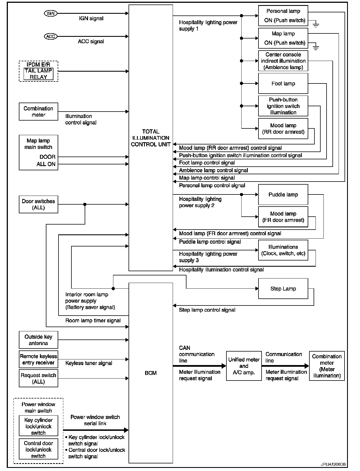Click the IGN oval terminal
(x=50, y=13)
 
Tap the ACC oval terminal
(x=50, y=36)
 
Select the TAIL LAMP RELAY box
(x=38, y=74)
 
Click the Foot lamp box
(x=283, y=83)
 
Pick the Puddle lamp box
(x=283, y=194)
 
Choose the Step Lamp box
(x=283, y=289)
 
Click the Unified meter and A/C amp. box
(x=244, y=366)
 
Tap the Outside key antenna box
(x=38, y=340)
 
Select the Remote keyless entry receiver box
(x=38, y=359)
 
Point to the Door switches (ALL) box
(x=38, y=204)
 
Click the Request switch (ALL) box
(x=38, y=378)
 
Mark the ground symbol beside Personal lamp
(x=316, y=25)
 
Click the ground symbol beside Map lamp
(x=316, y=47)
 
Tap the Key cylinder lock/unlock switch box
(x=38, y=426)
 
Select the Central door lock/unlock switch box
(x=38, y=449)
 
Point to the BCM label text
(x=151, y=373)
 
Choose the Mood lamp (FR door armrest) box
(x=283, y=217)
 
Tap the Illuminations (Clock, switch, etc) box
(x=283, y=250)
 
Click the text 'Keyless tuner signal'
(x=89, y=363)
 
